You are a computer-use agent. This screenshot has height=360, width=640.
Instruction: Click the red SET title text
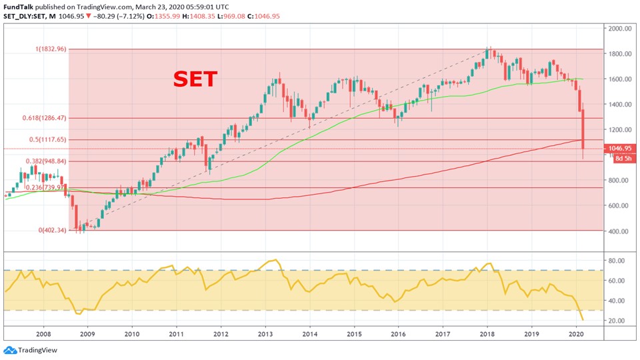(195, 79)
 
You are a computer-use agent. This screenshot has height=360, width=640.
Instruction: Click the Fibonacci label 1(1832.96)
(47, 49)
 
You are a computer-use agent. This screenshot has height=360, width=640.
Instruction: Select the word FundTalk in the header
(19, 6)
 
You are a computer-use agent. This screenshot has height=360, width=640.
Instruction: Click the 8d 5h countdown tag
(618, 158)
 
